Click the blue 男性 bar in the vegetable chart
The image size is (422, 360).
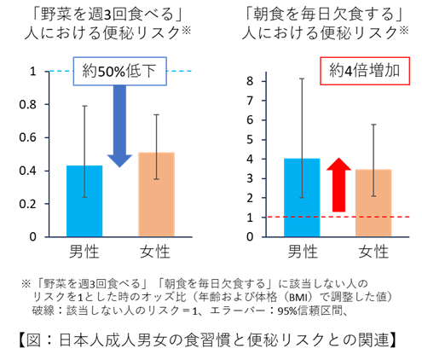[x=84, y=200]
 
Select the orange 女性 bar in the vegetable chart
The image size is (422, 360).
[x=156, y=195]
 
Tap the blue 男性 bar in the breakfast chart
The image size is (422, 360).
[x=302, y=197]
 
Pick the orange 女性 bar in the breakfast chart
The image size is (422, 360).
[x=373, y=203]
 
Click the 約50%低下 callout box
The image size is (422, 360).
[x=120, y=72]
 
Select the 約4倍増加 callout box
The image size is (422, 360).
[x=365, y=71]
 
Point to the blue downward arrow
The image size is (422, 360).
[x=119, y=126]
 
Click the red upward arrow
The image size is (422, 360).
[x=338, y=185]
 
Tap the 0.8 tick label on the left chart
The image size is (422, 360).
[x=28, y=105]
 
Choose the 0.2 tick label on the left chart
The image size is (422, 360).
[x=28, y=204]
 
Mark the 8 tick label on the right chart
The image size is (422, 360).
[x=250, y=81]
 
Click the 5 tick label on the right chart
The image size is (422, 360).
[x=250, y=140]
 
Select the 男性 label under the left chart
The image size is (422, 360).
[x=84, y=252]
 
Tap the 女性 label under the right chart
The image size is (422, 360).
[x=373, y=252]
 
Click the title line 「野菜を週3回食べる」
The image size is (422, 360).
[x=107, y=15]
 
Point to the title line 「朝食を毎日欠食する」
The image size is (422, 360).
[x=325, y=15]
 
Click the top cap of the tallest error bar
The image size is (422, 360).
[x=302, y=78]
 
